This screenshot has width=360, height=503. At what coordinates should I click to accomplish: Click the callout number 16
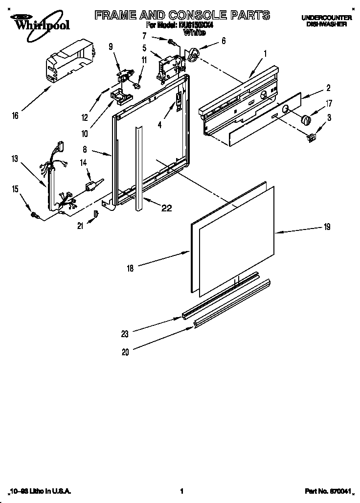pos(15,115)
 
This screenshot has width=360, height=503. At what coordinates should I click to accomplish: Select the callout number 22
pos(166,208)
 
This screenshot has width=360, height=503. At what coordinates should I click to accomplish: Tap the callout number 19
pos(327,227)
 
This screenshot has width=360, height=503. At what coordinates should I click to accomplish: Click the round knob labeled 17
pos(306,120)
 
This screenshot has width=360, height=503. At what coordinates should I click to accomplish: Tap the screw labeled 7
pos(173,42)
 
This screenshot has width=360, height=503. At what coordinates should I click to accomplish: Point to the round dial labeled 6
pos(193,55)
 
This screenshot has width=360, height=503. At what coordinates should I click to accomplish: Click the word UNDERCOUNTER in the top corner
pos(324,17)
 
